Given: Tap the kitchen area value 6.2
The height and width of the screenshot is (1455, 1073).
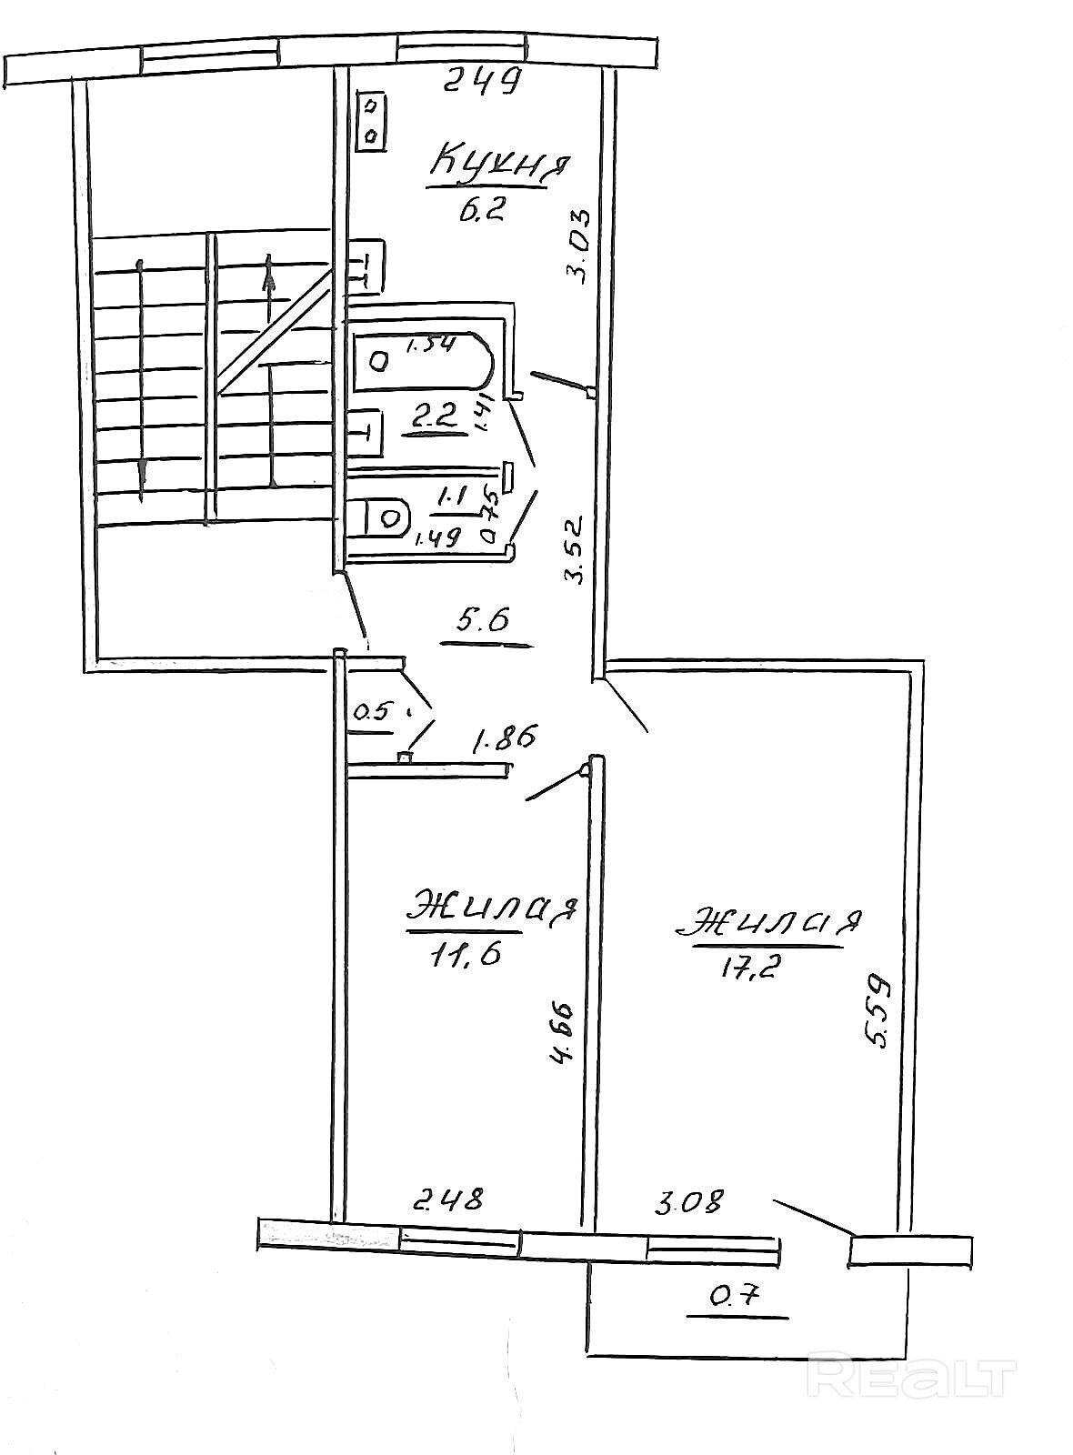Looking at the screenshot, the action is pos(481,213).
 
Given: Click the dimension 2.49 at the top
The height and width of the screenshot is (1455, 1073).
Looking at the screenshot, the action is pos(484,83).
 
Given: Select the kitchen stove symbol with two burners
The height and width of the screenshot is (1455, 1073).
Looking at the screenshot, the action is pos(372,122).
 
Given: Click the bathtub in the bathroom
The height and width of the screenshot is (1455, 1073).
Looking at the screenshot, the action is pos(424,360).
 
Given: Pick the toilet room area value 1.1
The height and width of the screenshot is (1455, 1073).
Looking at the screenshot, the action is pos(452,497).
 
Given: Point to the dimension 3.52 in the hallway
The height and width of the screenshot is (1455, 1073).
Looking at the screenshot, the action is pos(572,549).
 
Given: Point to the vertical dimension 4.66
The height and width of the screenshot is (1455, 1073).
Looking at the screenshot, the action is pos(563,1032).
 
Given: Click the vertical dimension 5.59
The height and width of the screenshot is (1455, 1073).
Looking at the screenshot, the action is pos(875,1011).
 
